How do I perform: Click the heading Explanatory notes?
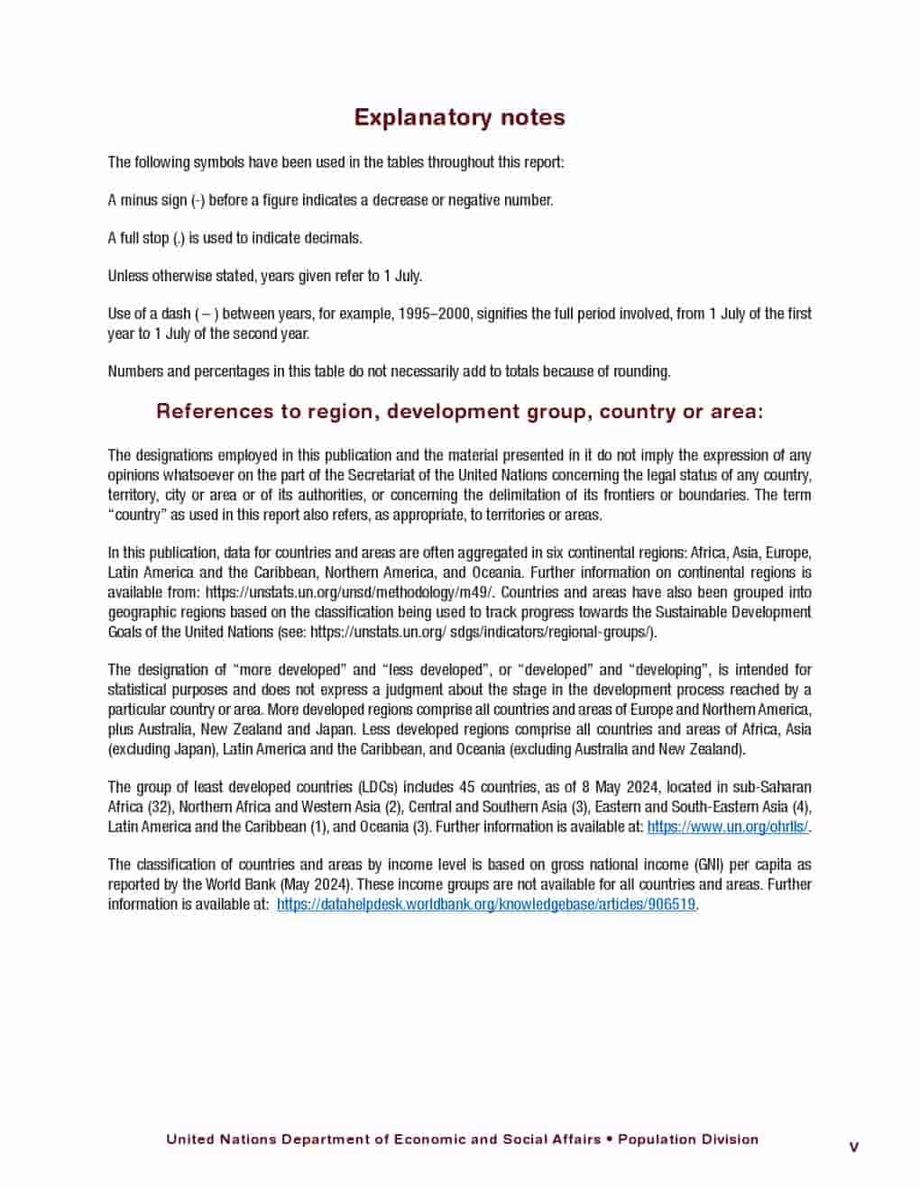(x=459, y=117)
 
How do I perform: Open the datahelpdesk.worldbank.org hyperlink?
(x=486, y=904)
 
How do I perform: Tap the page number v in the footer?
(x=853, y=1147)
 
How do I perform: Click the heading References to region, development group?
(x=459, y=411)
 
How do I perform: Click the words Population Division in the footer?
(x=688, y=1140)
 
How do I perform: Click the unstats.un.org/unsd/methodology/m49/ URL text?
(x=350, y=592)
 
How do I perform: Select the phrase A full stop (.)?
(x=146, y=238)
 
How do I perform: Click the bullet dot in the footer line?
(x=610, y=1140)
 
